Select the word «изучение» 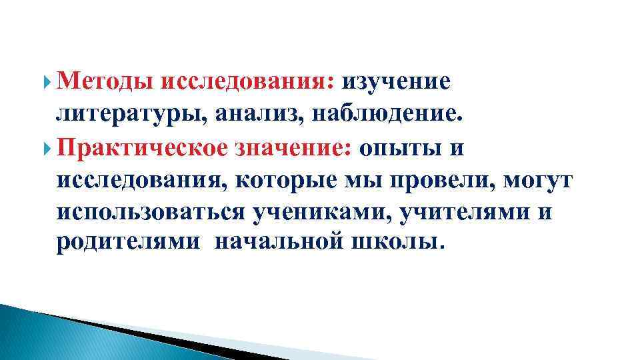pyautogui.click(x=397, y=81)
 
